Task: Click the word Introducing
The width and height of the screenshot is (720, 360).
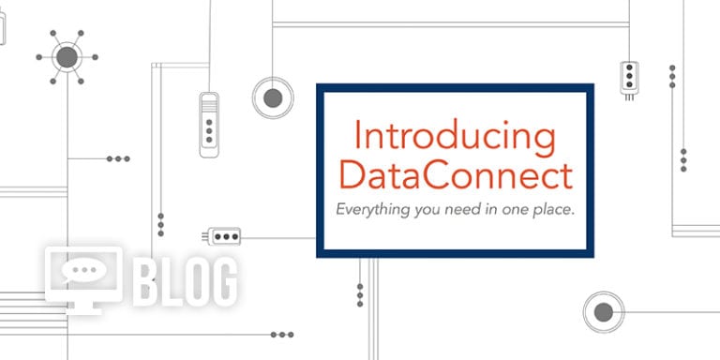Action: coord(455,137)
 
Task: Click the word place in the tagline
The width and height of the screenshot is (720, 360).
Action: coord(552,209)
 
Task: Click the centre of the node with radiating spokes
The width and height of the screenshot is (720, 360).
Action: coord(67,57)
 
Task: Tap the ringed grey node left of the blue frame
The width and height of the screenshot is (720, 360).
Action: coord(273,96)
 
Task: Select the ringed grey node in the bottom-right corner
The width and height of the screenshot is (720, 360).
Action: coord(603,311)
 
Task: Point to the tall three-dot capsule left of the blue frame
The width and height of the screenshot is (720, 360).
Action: coord(209,122)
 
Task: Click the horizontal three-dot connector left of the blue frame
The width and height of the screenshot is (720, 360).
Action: coord(225,236)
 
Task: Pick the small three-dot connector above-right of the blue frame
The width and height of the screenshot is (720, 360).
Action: coord(630,74)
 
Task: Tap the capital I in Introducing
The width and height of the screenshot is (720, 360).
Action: coord(358,137)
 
